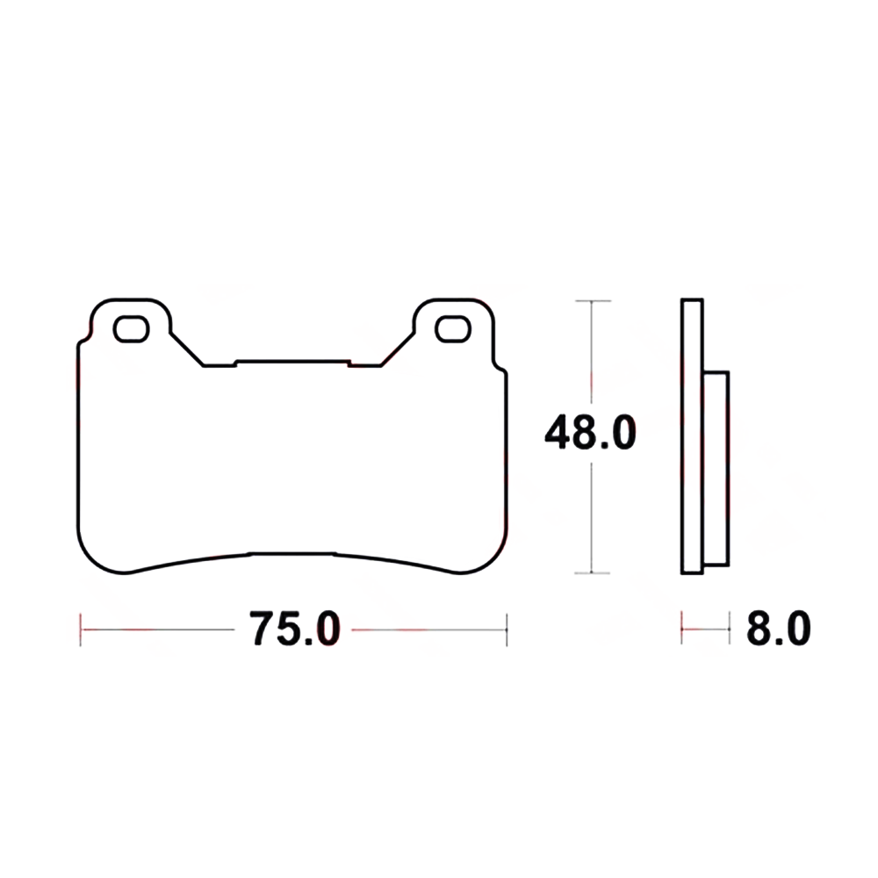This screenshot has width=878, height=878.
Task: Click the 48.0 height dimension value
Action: [x=589, y=434]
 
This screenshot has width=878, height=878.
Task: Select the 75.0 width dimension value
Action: [x=293, y=629]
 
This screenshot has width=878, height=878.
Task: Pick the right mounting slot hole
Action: [x=453, y=328]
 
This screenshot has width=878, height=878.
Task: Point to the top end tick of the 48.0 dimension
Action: [x=594, y=301]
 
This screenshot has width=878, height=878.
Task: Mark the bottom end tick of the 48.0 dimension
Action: [x=594, y=573]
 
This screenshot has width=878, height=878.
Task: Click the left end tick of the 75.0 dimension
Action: [x=81, y=629]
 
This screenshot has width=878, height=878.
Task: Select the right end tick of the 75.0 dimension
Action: [x=507, y=629]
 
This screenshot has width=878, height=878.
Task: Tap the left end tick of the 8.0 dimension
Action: [x=682, y=629]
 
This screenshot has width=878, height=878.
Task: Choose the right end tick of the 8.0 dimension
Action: [x=730, y=629]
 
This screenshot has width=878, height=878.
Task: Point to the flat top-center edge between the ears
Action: [x=293, y=360]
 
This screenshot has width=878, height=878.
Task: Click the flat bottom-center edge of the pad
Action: [x=293, y=554]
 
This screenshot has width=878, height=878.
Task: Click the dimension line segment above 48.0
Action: [x=594, y=351]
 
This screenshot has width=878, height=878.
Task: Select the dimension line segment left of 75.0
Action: [x=158, y=629]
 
